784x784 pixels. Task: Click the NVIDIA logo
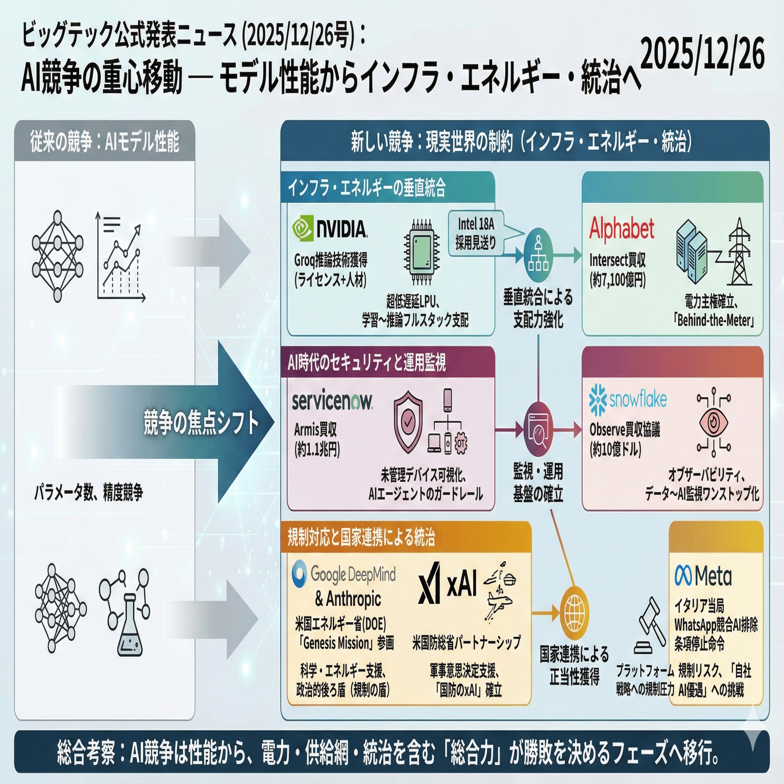(330, 229)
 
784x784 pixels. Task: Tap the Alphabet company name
(622, 229)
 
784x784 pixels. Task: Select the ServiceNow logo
(332, 402)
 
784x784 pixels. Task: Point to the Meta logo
(703, 576)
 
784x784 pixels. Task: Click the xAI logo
(447, 583)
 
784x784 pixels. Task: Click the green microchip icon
(422, 252)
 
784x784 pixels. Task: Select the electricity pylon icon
(739, 253)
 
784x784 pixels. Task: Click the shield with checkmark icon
(407, 422)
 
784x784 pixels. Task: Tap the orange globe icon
(575, 611)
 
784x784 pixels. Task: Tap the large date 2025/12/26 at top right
(703, 54)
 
